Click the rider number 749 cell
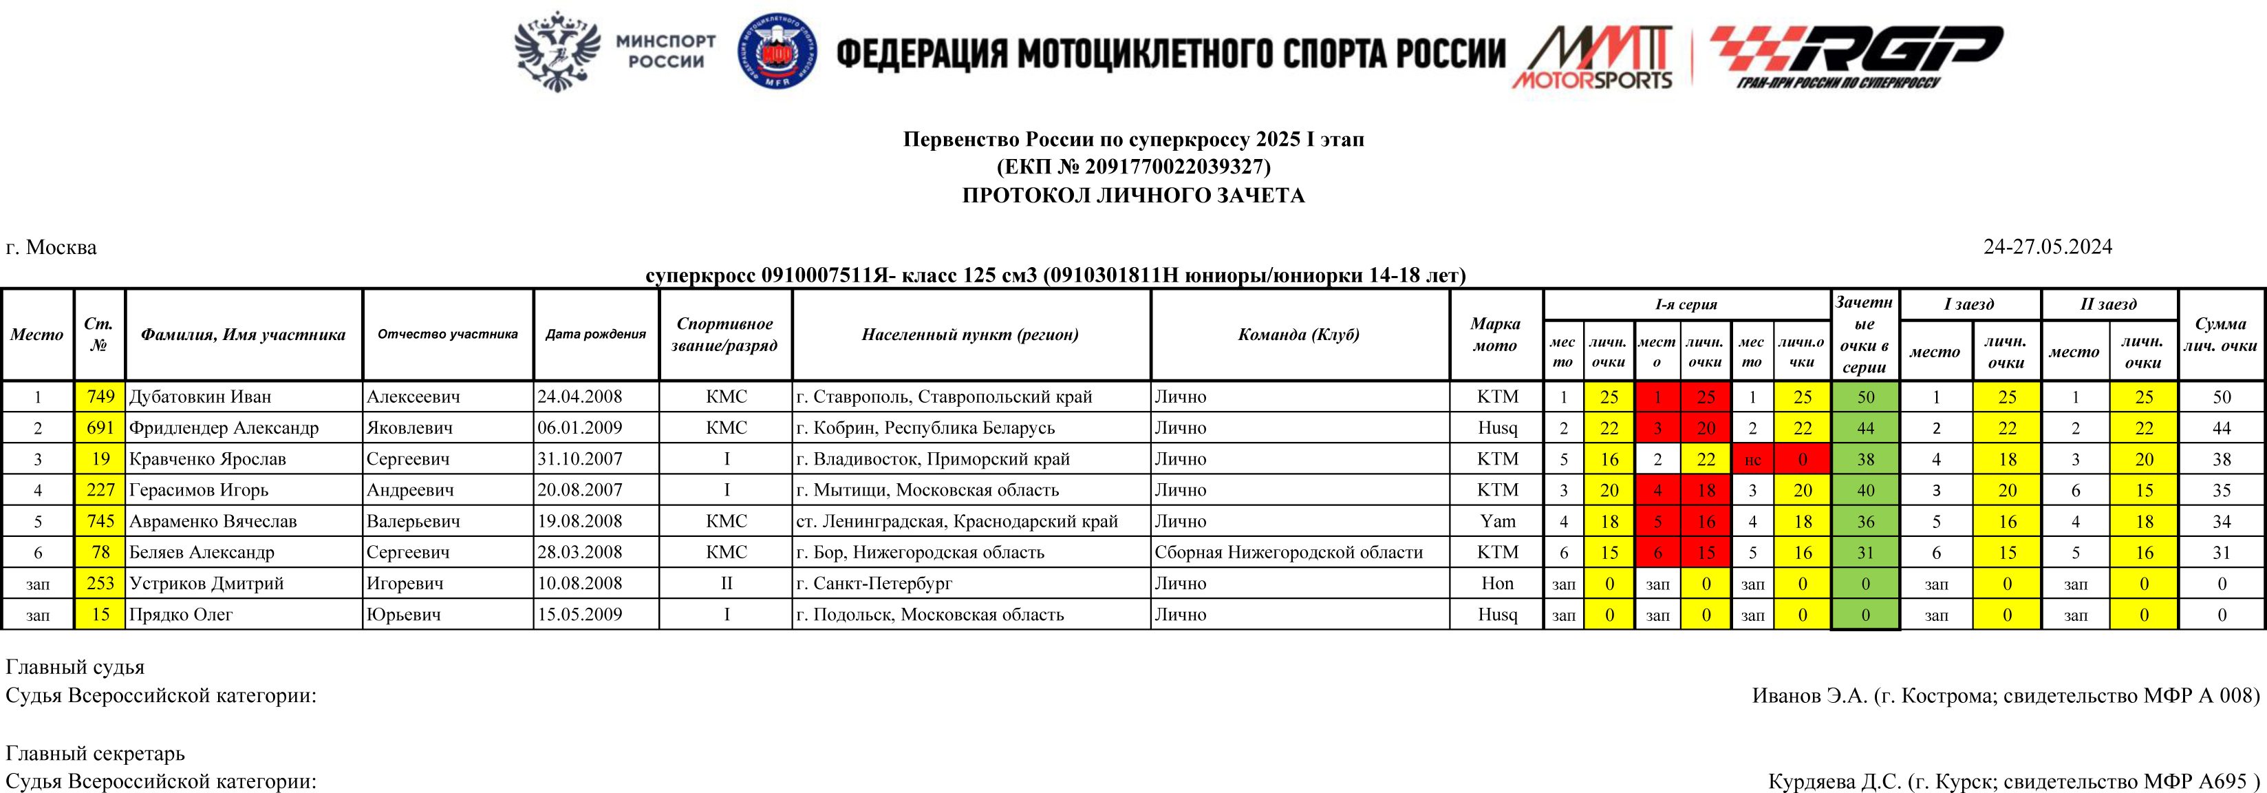tap(100, 397)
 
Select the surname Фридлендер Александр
tap(224, 427)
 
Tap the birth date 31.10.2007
tap(580, 458)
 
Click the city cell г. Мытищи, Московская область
tap(927, 490)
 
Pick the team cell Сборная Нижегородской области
tap(1289, 552)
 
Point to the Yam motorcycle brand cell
tap(1497, 521)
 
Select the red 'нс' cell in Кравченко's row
tap(1752, 459)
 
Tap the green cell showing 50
tap(1866, 397)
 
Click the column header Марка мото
tap(1495, 335)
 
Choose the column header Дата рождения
tap(596, 335)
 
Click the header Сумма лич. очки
tap(2220, 335)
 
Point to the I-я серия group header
tap(1686, 304)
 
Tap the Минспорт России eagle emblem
tap(557, 51)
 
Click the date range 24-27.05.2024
tap(2047, 246)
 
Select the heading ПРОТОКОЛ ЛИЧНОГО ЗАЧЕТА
tap(1134, 195)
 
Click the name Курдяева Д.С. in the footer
tap(1834, 781)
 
